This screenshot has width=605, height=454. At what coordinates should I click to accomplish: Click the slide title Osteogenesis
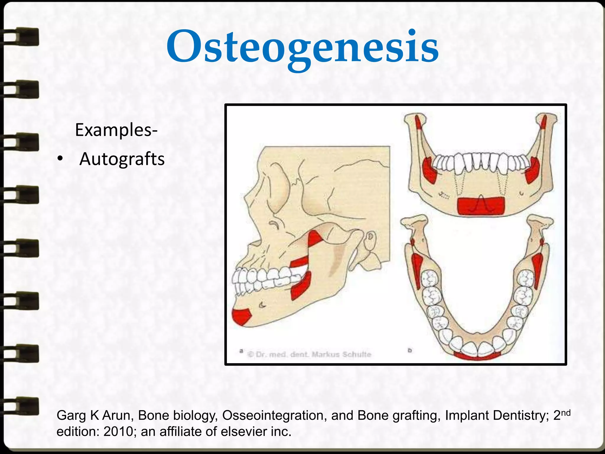[302, 47]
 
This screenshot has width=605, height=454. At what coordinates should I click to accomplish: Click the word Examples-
[116, 130]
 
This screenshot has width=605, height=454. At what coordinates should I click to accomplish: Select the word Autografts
[122, 159]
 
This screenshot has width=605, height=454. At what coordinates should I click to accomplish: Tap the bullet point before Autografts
[60, 159]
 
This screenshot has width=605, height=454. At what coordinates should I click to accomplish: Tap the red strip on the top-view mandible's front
[477, 356]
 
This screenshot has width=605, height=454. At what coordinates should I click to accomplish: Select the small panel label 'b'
[410, 351]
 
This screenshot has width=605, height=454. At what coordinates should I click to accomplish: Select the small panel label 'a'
[241, 351]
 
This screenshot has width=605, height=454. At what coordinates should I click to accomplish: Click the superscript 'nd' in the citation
[565, 413]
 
